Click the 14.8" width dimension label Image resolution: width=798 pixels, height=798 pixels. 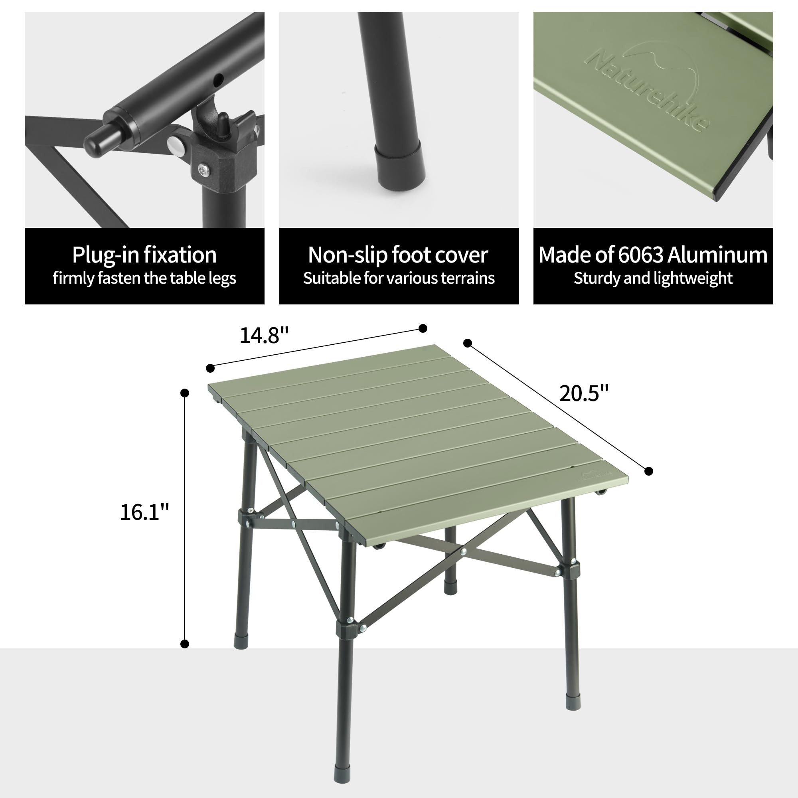264,335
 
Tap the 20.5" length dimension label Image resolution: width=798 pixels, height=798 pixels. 584,393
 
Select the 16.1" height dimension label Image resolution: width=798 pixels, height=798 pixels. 144,512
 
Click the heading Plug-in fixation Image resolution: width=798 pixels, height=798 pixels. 144,255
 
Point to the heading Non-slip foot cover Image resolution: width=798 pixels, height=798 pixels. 398,255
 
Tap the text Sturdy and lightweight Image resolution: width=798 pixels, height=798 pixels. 653,278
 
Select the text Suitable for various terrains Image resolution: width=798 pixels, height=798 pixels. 399,278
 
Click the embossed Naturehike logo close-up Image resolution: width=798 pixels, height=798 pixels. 648,89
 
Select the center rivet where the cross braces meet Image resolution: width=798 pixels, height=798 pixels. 463,551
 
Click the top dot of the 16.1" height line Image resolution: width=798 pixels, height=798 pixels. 185,393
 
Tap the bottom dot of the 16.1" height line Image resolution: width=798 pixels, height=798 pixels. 185,644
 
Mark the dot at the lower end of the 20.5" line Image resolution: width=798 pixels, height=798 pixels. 648,471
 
